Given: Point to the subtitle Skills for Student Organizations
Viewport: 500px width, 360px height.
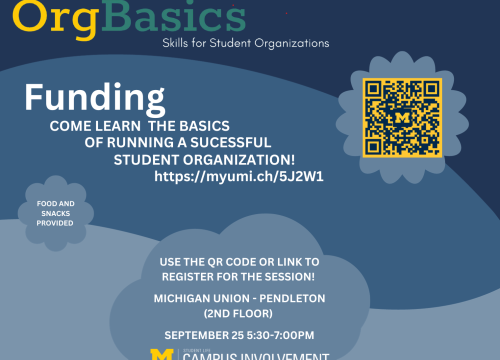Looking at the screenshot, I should (246, 44).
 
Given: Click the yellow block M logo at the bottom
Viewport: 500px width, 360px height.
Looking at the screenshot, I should (162, 354).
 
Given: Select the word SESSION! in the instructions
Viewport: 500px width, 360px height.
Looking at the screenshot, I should (301, 276).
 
